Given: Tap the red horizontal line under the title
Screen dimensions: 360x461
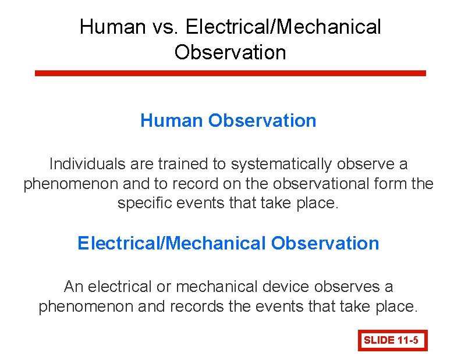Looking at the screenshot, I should click(x=230, y=73).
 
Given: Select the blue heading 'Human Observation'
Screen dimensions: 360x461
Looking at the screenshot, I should click(x=228, y=121).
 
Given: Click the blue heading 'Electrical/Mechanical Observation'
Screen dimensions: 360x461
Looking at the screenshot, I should click(x=228, y=243).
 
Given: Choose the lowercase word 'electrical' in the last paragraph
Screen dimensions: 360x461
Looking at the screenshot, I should click(x=122, y=287).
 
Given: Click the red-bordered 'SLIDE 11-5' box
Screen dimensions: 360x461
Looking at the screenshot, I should click(x=392, y=340).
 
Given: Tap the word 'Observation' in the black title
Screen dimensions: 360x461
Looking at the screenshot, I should click(x=230, y=52).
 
